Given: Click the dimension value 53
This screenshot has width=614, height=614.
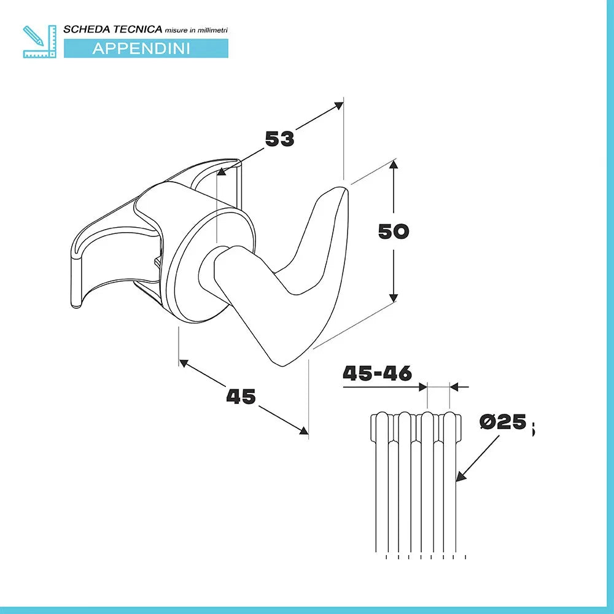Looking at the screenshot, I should point(280,139).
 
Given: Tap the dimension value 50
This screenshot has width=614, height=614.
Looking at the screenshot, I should point(394,231).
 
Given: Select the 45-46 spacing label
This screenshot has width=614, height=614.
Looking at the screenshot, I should point(377,373).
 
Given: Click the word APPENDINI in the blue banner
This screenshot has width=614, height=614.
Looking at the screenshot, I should point(141,49).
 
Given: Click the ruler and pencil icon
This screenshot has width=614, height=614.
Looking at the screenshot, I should point(38,41).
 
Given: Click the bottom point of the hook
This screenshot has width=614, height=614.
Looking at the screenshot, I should point(284,363).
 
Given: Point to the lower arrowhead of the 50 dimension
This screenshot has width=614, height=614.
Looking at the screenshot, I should point(393,298).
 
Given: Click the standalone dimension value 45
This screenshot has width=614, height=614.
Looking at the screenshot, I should point(241,397).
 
